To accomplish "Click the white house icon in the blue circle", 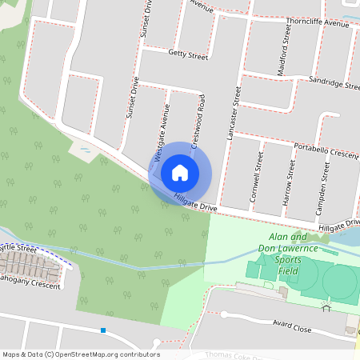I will (180, 172).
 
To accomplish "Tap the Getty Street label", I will (188, 55).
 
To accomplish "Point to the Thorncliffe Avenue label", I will (317, 24).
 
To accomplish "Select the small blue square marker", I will (103, 330).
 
